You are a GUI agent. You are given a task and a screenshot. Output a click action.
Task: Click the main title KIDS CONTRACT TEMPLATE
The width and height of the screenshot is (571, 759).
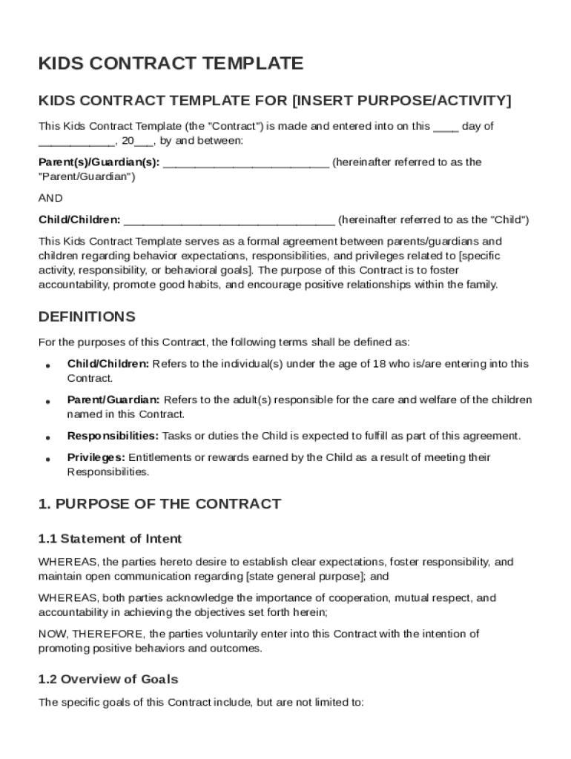point(171,64)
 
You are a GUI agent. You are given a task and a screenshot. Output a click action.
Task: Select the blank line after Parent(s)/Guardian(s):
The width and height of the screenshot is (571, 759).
point(245,163)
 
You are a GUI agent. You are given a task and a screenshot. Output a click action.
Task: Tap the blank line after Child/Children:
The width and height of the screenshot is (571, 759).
point(229,221)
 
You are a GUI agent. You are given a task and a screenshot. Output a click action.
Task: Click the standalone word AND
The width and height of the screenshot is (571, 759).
point(50,198)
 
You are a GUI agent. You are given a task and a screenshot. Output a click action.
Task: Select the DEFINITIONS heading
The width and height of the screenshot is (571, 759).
point(87,317)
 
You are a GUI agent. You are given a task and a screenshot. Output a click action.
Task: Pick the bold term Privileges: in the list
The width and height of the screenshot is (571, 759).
point(96,458)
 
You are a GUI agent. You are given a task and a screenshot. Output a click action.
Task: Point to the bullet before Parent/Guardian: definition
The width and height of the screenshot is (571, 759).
point(47,402)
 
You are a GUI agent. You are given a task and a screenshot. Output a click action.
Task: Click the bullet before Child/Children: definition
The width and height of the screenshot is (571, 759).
point(47,365)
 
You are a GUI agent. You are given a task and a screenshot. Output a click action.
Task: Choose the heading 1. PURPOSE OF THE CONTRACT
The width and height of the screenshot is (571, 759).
point(159,504)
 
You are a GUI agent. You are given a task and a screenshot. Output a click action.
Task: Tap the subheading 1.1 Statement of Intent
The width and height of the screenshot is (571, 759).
point(110,539)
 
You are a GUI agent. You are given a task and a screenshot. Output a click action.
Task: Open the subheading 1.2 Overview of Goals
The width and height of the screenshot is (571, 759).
point(108,679)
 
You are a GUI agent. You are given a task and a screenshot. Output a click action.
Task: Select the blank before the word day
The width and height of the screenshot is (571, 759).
point(446,127)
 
